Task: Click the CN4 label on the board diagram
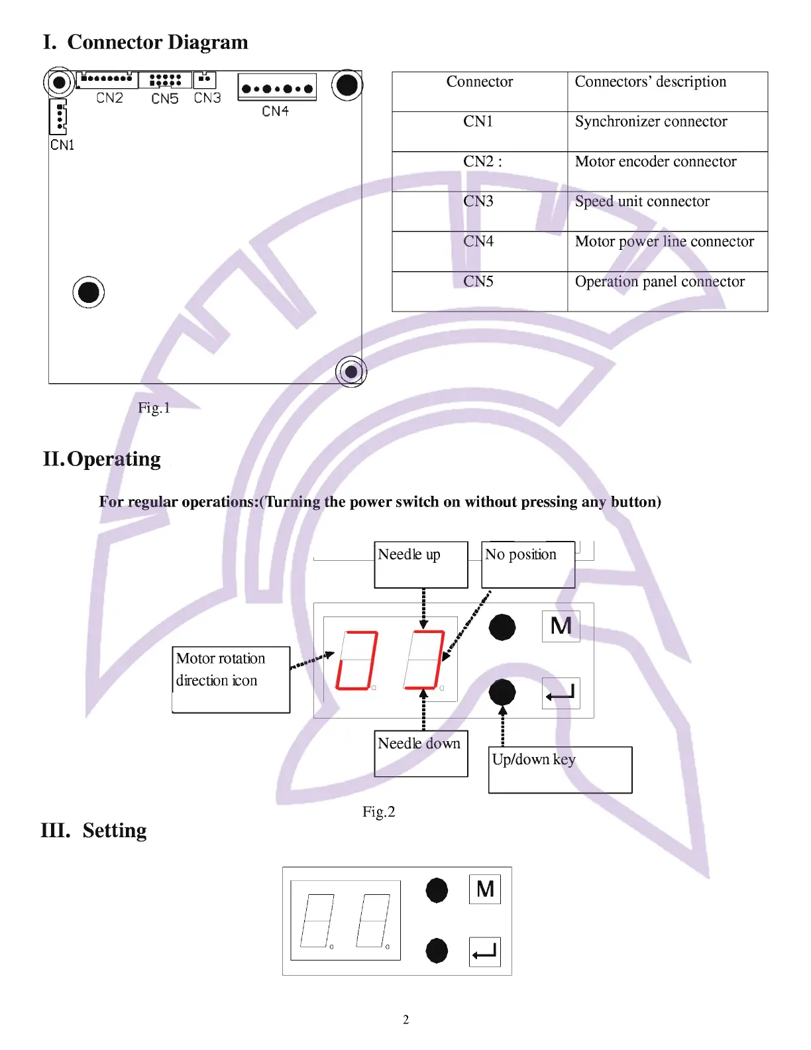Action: (x=275, y=111)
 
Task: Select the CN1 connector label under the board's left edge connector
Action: (x=62, y=145)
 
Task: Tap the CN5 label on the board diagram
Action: (x=164, y=99)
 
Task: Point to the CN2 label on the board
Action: (x=109, y=98)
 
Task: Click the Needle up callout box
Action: (x=421, y=564)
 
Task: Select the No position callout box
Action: (x=527, y=564)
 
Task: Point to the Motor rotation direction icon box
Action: (x=231, y=679)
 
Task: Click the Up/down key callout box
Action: (x=560, y=769)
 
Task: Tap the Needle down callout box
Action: (x=421, y=753)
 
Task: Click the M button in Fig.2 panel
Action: (x=561, y=626)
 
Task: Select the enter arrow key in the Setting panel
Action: (x=484, y=952)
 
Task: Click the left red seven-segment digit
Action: (x=357, y=660)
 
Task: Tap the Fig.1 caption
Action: (x=154, y=408)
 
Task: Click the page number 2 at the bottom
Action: (x=405, y=1020)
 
